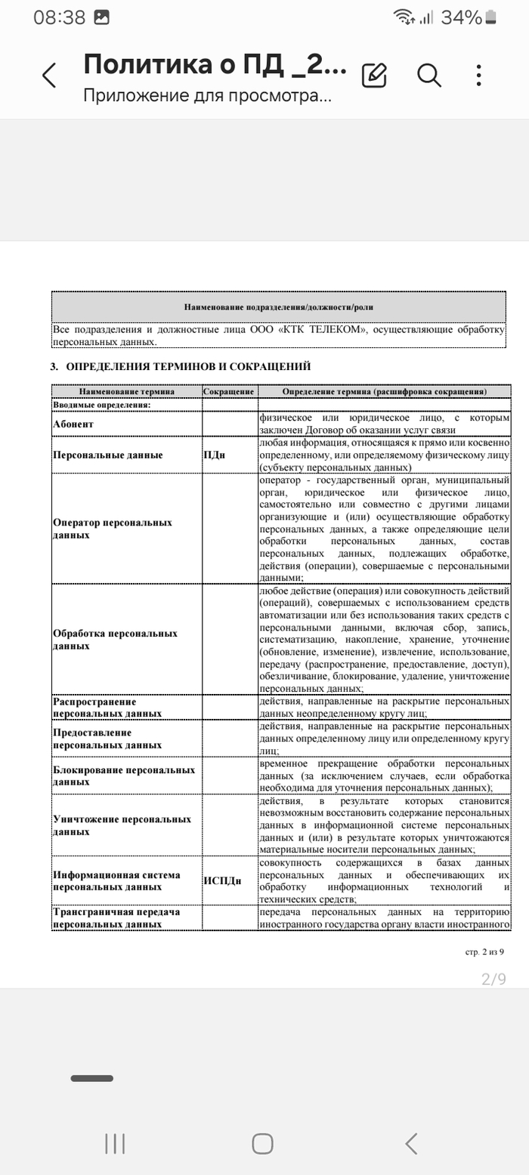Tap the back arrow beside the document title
(49, 76)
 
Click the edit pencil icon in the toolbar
(374, 75)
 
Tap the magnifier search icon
(428, 75)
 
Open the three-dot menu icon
(479, 75)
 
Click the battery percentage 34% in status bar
(462, 17)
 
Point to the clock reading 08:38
(59, 17)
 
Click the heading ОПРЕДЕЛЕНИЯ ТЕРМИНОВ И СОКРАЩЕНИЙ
(188, 367)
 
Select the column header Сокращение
(229, 392)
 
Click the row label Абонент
(73, 424)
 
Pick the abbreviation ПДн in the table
(215, 455)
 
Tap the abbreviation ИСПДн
(222, 881)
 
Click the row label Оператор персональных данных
(113, 529)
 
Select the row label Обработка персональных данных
(115, 639)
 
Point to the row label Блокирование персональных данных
(124, 776)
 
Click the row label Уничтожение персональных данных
(122, 825)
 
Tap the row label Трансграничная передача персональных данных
(116, 917)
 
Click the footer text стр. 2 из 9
(484, 951)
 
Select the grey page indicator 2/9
(493, 979)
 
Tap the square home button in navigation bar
(262, 1143)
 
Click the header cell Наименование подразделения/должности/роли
(278, 307)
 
